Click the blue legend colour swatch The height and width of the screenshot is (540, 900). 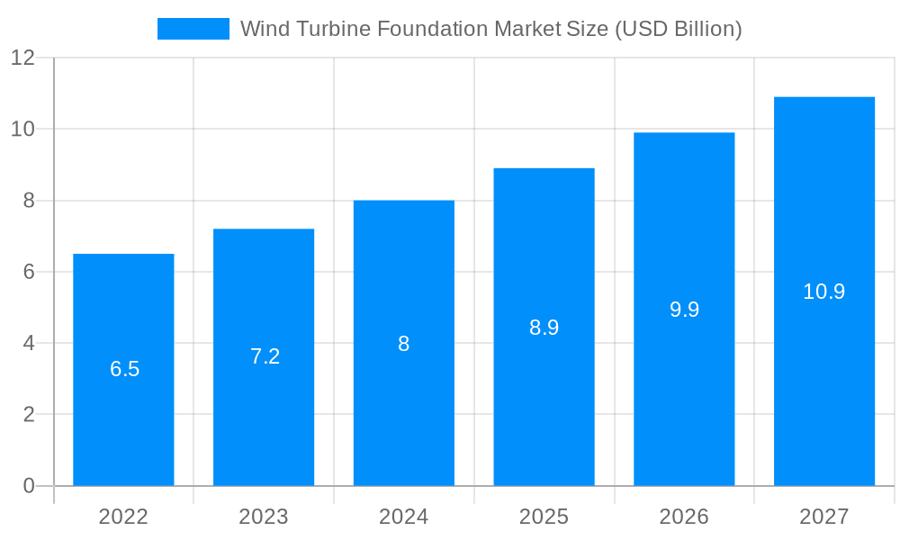(x=193, y=29)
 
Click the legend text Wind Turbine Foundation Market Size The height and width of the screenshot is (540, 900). (x=490, y=29)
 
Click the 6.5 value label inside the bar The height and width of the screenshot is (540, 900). (x=124, y=369)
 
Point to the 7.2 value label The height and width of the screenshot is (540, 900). (x=265, y=356)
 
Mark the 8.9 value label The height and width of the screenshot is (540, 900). (x=544, y=328)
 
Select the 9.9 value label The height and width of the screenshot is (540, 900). (x=684, y=310)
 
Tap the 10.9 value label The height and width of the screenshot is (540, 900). (x=823, y=292)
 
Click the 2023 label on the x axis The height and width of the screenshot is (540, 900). (x=264, y=517)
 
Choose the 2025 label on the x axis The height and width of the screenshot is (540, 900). (x=544, y=517)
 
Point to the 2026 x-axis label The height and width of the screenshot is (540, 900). (x=684, y=517)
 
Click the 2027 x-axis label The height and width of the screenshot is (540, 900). (x=823, y=517)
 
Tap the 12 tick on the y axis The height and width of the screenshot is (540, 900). (x=22, y=58)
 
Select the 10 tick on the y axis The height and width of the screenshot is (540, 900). (x=22, y=129)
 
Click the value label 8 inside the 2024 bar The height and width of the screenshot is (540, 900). (x=403, y=344)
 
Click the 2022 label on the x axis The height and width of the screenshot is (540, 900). (x=123, y=517)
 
